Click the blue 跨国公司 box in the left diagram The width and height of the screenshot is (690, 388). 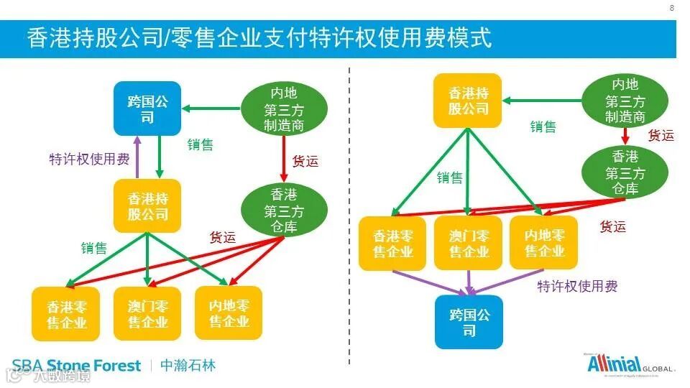(x=147, y=108)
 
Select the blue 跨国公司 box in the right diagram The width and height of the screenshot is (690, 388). (x=469, y=322)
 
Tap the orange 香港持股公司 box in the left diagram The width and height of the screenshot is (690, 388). (x=147, y=205)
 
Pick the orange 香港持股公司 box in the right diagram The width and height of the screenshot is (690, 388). (x=469, y=101)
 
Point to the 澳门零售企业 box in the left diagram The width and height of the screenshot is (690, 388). (x=147, y=313)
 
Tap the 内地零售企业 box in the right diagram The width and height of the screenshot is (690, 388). (x=544, y=243)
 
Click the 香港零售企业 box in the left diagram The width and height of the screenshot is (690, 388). (x=66, y=313)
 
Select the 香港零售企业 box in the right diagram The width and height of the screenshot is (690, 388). (x=392, y=243)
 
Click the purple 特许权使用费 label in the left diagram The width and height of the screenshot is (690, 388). (x=89, y=159)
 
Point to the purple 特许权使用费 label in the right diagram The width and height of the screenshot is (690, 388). (x=577, y=286)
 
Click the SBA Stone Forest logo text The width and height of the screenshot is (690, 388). (x=76, y=366)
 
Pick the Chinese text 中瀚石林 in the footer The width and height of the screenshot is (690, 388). (x=187, y=366)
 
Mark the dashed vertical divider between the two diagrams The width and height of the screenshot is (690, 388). (x=349, y=216)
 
